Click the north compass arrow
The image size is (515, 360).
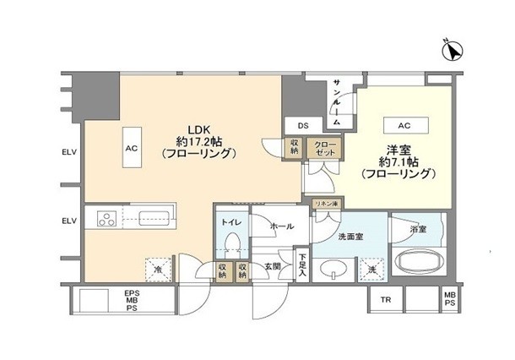click(x=453, y=51)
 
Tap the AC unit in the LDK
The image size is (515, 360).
click(x=132, y=148)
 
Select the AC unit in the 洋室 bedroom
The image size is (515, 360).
click(x=406, y=125)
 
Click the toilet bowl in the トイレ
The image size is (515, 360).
click(x=232, y=244)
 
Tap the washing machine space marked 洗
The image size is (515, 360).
click(x=371, y=270)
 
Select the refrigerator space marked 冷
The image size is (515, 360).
click(x=159, y=270)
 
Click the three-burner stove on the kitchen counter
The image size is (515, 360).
click(x=107, y=218)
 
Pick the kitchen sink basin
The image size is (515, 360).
click(x=154, y=218)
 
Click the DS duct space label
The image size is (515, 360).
click(x=303, y=126)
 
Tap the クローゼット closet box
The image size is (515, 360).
click(x=325, y=148)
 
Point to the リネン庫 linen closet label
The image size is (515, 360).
click(x=327, y=204)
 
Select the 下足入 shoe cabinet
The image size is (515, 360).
click(x=302, y=265)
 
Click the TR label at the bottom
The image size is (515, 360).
click(x=386, y=299)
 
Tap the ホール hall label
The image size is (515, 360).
click(x=282, y=226)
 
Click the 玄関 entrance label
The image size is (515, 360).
click(x=273, y=267)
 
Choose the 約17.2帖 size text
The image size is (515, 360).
click(x=199, y=142)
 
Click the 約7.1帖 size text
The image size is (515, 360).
click(x=398, y=161)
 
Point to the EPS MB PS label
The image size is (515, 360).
click(x=132, y=300)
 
